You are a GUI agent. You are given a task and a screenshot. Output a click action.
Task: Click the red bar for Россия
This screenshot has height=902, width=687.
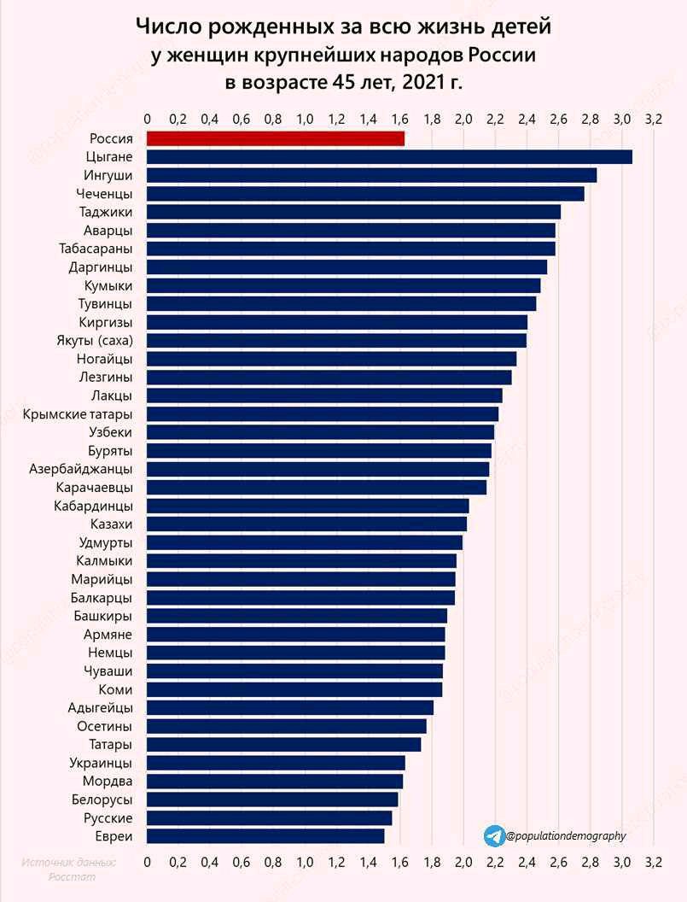275,138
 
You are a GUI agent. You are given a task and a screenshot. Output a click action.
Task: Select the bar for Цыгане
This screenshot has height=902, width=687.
389,156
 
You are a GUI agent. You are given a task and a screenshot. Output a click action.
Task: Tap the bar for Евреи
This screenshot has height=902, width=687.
265,835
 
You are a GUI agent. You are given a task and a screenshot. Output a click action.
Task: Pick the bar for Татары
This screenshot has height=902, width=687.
283,744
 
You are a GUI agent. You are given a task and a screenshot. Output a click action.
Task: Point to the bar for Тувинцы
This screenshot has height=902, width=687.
341,303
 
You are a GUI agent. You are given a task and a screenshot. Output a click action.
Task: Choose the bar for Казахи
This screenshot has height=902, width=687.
306,524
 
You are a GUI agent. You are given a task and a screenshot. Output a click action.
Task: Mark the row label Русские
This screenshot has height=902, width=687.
108,817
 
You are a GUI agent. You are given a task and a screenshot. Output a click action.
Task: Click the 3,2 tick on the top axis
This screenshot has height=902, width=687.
654,119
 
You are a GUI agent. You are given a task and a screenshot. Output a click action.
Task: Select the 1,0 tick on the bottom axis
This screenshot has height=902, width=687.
305,862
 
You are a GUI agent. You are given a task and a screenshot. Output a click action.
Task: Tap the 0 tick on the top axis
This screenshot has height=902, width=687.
148,119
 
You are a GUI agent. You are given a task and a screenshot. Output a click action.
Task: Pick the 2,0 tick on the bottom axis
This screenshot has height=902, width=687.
463,862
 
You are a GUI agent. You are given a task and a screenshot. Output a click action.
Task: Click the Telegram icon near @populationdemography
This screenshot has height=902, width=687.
493,835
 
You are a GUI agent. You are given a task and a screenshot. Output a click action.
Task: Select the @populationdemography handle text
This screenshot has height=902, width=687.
565,836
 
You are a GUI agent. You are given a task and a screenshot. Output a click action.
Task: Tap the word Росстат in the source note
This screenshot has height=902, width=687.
72,876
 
